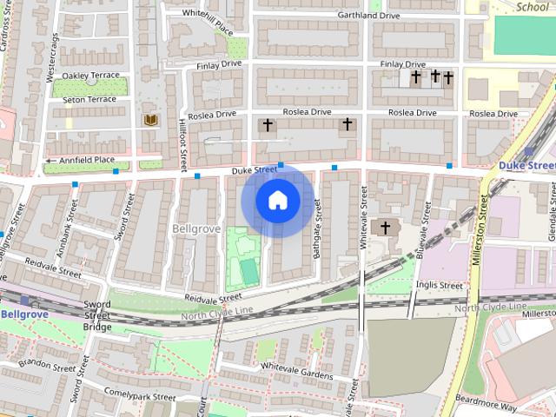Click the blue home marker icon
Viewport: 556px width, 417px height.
pos(277,201)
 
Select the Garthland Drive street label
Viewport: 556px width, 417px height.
pos(369,16)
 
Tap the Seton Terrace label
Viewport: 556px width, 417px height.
pos(89,100)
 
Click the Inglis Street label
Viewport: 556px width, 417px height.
pos(439,285)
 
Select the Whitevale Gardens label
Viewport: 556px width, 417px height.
pos(297,374)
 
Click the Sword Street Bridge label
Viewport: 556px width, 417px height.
pos(97,315)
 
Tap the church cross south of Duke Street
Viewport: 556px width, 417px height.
pos(382,228)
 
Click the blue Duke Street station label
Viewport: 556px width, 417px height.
pos(527,164)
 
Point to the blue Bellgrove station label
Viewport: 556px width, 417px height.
pos(17,314)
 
